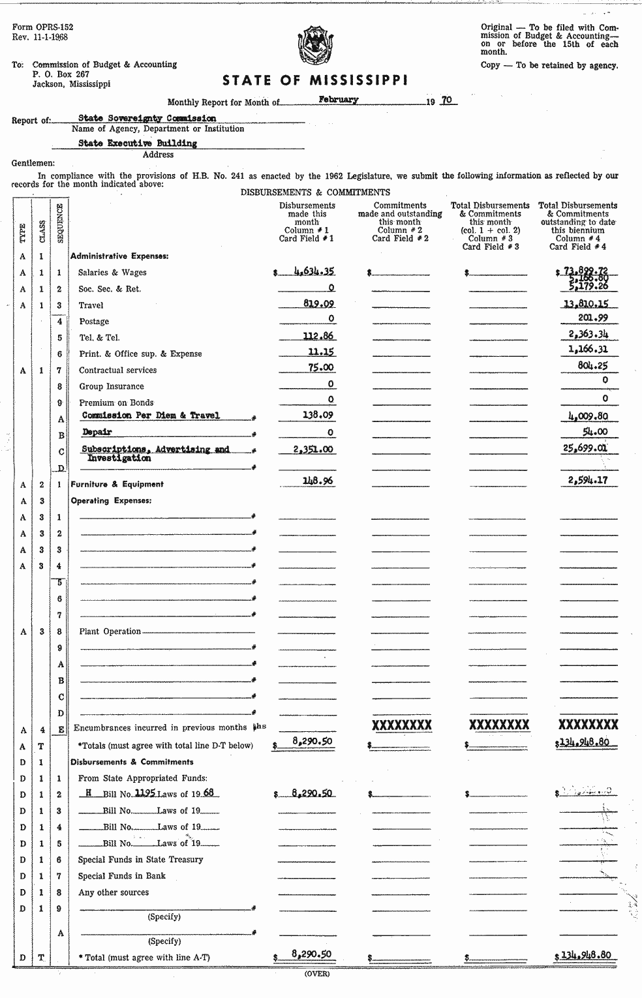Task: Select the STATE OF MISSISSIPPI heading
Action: [316, 80]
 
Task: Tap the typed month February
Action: [339, 100]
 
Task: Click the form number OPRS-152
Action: [42, 27]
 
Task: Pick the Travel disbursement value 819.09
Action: [319, 303]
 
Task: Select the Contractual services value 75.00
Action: [321, 368]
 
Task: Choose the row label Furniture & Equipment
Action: [117, 484]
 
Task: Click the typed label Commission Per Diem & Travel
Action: [151, 416]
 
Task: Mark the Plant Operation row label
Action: [110, 631]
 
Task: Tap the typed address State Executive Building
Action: [138, 144]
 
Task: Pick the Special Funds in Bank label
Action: [121, 876]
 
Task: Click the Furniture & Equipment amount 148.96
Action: [318, 481]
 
